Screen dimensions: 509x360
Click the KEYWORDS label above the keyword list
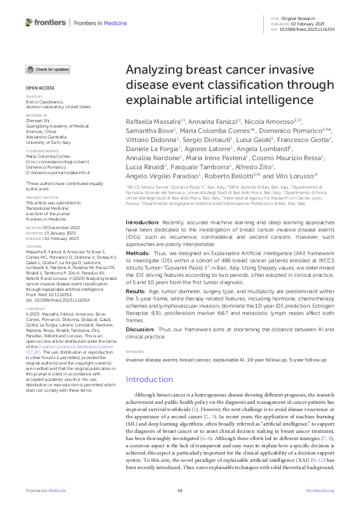pyautogui.click(x=135, y=351)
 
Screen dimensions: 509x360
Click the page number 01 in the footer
pyautogui.click(x=180, y=491)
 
